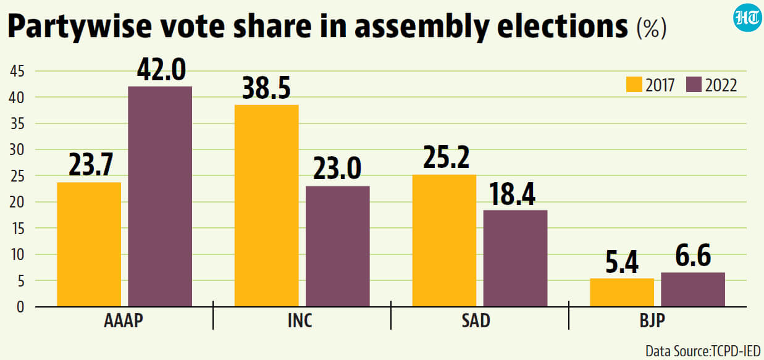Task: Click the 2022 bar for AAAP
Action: [x=160, y=196]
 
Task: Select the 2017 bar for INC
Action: [x=266, y=206]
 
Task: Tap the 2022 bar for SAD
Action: [x=515, y=258]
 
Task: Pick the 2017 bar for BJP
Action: [x=622, y=293]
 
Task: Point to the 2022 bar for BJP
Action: [x=693, y=290]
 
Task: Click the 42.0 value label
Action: [x=161, y=70]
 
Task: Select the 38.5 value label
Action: [x=266, y=88]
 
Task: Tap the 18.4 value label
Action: [x=512, y=194]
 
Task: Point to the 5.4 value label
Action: [x=622, y=262]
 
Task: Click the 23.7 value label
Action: [x=91, y=165]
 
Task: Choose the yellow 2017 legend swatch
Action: [x=634, y=85]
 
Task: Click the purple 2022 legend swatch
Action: [x=694, y=85]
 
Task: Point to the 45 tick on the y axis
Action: [x=17, y=71]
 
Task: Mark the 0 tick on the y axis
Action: [x=20, y=307]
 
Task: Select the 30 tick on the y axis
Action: [x=17, y=149]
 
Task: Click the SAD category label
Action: [x=476, y=320]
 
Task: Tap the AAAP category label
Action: [x=124, y=320]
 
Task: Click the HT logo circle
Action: [x=747, y=18]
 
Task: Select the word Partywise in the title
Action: [x=80, y=26]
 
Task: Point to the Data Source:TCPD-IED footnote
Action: [x=703, y=351]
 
